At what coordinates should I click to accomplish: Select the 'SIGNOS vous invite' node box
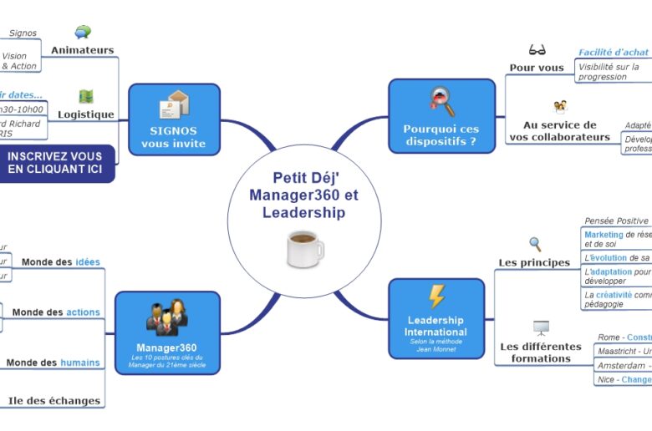click(174, 119)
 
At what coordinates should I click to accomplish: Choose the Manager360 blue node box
click(166, 332)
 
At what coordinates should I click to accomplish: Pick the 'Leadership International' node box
click(436, 317)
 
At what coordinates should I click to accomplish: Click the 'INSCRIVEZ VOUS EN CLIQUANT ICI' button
click(55, 163)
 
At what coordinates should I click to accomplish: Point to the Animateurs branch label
click(82, 50)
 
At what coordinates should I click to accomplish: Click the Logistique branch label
click(85, 114)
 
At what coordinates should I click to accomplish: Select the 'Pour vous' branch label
click(537, 68)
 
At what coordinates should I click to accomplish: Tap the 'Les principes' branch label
click(534, 262)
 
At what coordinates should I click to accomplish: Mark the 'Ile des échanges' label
click(54, 400)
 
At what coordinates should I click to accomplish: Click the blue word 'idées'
click(88, 261)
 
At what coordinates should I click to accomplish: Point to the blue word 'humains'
click(80, 363)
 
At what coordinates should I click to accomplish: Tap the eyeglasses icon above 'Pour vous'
click(537, 50)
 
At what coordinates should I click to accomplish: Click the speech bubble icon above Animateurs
click(83, 33)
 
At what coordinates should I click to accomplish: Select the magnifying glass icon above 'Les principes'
click(535, 244)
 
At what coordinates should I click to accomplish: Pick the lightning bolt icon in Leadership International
click(436, 297)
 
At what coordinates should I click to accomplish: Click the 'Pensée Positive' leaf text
click(616, 221)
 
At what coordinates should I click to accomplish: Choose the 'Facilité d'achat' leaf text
click(614, 53)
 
